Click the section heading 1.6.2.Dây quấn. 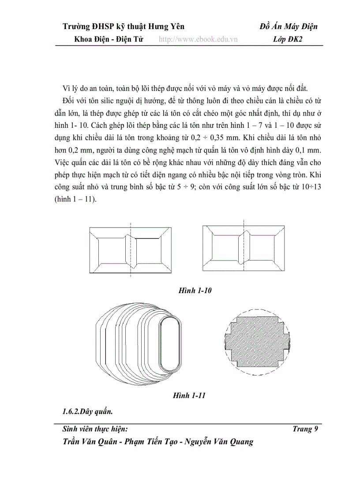[x=88, y=412]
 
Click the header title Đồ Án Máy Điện [x=289, y=27]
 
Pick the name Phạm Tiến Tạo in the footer [x=152, y=441]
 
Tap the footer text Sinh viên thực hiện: [x=95, y=429]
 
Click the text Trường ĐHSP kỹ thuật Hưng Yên [x=123, y=27]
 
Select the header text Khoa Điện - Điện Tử [x=109, y=39]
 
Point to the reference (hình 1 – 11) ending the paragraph [x=80, y=199]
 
